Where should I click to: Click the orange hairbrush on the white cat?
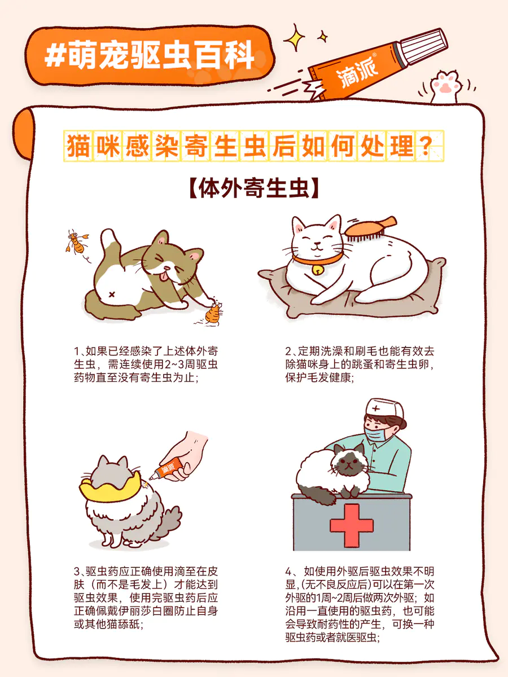click(x=369, y=230)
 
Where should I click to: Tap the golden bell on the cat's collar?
click(x=317, y=270)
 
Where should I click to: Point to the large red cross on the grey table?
click(x=351, y=526)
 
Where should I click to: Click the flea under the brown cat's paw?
click(x=214, y=313)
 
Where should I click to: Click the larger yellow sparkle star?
click(x=294, y=37)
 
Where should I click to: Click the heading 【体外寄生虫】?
click(x=253, y=188)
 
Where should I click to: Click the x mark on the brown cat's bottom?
click(x=112, y=295)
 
